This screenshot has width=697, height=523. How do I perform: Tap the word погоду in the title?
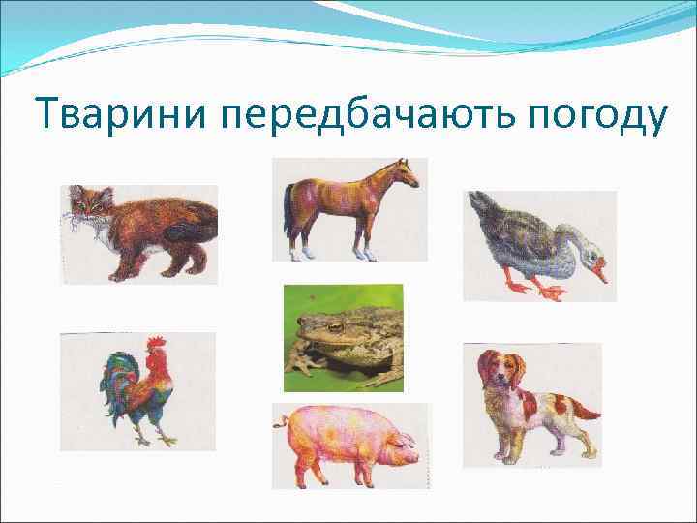(x=598, y=116)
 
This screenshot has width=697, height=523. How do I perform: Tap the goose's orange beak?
(x=601, y=270)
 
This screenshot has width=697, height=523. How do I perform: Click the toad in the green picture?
(x=339, y=339)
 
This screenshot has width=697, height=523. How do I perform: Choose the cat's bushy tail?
(x=194, y=218)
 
